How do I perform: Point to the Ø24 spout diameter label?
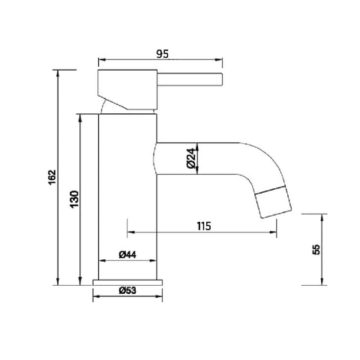(190, 157)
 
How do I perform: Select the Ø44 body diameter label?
(127, 255)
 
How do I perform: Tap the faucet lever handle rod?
(187, 79)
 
